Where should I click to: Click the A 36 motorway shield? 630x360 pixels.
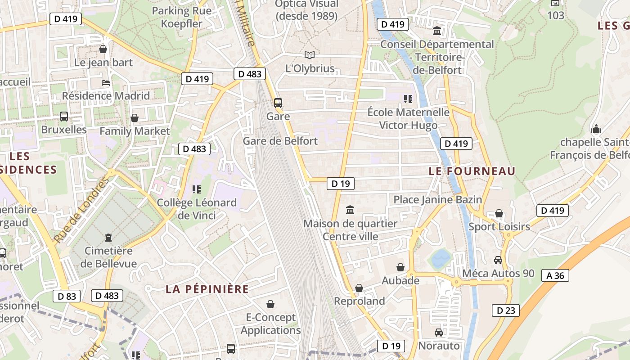555,275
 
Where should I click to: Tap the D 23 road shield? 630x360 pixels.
505,310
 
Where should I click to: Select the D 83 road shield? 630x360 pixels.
67,296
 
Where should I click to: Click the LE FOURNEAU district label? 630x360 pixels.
472,171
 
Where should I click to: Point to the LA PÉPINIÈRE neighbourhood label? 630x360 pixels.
207,289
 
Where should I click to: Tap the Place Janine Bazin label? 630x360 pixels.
437,199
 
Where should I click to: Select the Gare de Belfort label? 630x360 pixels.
280,141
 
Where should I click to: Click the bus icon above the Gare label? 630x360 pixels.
278,103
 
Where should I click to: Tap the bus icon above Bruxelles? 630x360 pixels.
64,117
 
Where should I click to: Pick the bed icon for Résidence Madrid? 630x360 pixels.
106,83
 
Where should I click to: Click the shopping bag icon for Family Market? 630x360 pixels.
135,118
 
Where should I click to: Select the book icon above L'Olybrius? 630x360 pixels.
310,55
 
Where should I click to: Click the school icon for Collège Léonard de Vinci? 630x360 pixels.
196,189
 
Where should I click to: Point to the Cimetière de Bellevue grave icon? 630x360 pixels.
108,237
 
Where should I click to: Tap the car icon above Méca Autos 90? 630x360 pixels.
498,260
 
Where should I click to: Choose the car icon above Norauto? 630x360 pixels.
439,333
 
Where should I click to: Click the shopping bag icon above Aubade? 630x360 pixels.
400,268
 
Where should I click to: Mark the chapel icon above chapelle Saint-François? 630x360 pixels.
596,129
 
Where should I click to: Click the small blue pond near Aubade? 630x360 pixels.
441,258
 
